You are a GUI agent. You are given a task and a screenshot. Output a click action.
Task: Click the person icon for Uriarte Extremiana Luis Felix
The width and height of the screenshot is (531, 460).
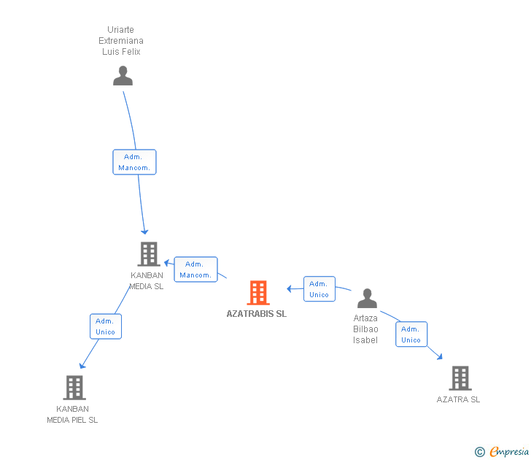123,76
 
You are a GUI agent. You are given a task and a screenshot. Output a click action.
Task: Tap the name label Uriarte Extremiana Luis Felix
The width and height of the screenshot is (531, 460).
121,41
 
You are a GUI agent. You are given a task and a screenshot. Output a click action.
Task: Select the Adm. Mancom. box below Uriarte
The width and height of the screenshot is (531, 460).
134,162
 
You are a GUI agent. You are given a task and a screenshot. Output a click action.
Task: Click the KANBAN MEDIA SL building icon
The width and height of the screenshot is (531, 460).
148,254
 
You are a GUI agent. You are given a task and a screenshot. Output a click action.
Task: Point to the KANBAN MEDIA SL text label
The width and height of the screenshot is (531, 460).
147,281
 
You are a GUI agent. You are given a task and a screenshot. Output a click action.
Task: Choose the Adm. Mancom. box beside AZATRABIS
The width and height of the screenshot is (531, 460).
195,269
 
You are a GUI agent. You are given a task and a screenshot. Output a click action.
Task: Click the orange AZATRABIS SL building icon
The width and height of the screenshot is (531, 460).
257,293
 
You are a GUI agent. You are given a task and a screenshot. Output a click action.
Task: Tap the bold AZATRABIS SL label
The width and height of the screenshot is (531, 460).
257,314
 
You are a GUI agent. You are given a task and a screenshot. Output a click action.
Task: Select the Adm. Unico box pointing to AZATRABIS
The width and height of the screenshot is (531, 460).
319,289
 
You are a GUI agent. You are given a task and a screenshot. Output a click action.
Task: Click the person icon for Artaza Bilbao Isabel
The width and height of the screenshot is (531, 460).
367,299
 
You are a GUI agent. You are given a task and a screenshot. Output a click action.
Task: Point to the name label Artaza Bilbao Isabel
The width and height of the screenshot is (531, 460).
365,329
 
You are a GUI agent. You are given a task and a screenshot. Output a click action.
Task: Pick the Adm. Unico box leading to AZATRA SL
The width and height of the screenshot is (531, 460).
411,334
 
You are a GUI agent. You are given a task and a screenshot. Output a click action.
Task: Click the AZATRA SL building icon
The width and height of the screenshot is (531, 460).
460,378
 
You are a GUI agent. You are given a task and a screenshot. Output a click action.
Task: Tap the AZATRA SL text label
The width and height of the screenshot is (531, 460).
458,399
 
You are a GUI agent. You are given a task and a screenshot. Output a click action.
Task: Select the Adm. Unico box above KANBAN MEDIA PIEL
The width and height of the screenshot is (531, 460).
105,326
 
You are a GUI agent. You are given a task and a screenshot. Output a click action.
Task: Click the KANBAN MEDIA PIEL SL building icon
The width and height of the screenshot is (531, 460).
74,388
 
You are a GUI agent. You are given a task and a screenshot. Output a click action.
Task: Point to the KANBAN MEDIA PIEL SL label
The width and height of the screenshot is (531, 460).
72,415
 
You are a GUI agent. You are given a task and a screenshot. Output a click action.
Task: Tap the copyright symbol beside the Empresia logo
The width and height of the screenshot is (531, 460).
479,452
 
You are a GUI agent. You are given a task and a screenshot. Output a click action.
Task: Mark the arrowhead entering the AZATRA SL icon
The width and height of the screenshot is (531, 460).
440,356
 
